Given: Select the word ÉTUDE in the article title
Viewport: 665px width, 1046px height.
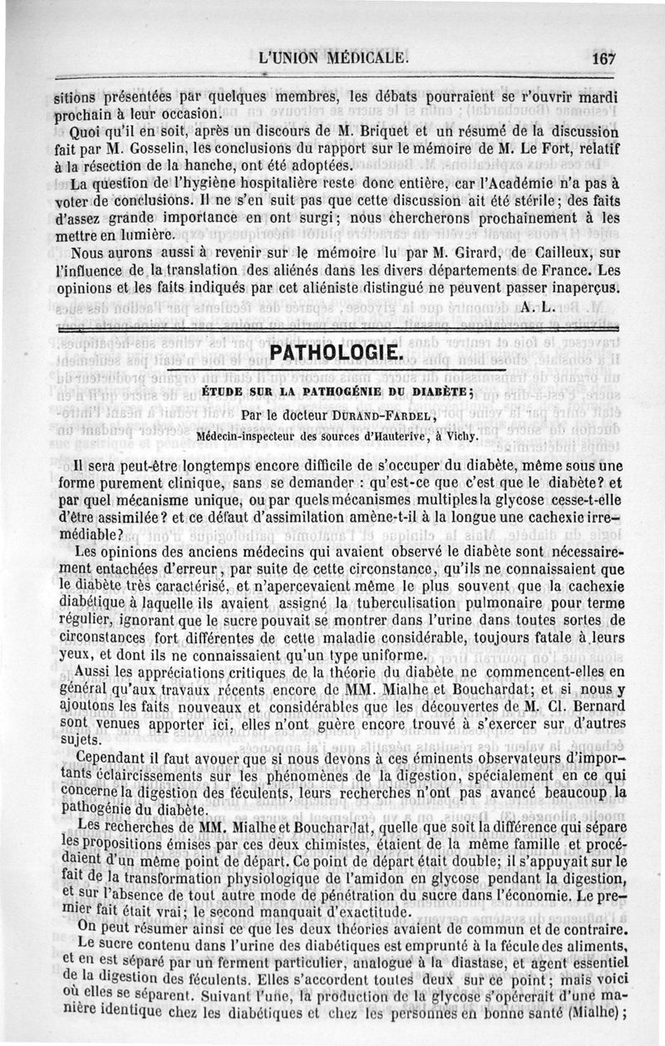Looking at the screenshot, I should pyautogui.click(x=225, y=390).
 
